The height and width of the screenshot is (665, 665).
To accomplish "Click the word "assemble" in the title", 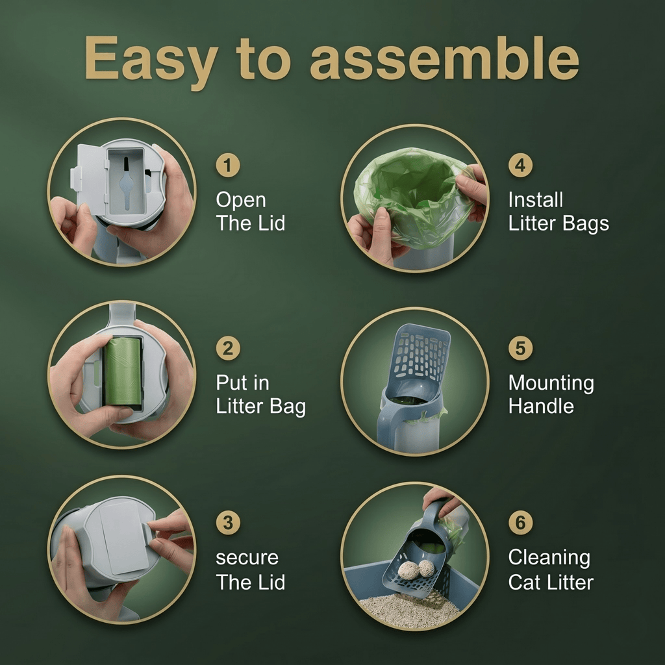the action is click(444, 58).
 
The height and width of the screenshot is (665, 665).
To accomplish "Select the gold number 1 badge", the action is click(228, 166).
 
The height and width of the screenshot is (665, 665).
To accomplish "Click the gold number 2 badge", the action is click(228, 348).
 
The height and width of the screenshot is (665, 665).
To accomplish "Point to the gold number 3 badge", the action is click(228, 523).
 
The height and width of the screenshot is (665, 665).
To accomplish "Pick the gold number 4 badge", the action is click(520, 166).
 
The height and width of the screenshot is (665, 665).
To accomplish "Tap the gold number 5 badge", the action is click(520, 348).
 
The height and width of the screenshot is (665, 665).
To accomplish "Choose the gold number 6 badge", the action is click(520, 523).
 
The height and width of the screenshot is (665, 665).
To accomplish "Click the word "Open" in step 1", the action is click(241, 201).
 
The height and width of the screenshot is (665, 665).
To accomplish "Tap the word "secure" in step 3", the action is click(247, 558).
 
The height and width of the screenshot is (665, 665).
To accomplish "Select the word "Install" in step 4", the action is click(536, 200).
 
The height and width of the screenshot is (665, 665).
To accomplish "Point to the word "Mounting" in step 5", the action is click(551, 384).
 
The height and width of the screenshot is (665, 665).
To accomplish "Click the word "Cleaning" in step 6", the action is click(549, 558).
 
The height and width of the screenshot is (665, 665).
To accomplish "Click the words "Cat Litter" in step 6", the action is click(551, 583).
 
